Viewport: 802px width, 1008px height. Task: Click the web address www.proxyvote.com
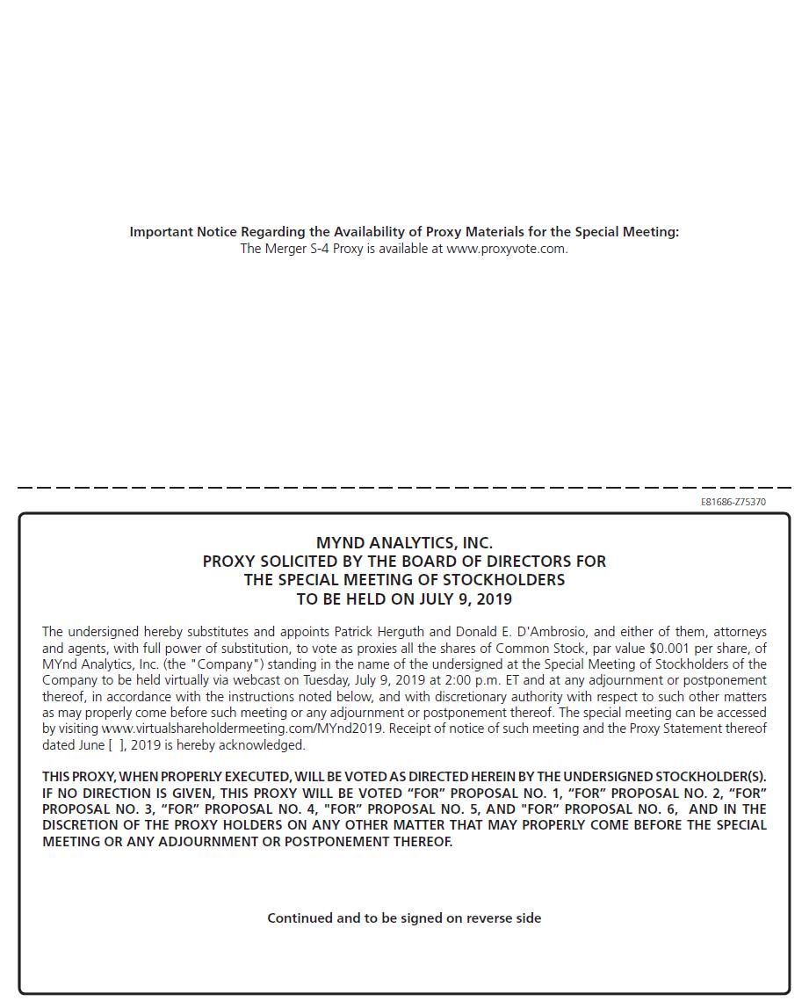click(506, 249)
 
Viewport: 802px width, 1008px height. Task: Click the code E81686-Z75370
click(733, 502)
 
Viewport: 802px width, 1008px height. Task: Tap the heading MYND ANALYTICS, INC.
click(404, 543)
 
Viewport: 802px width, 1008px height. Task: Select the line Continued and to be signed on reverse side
click(404, 918)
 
